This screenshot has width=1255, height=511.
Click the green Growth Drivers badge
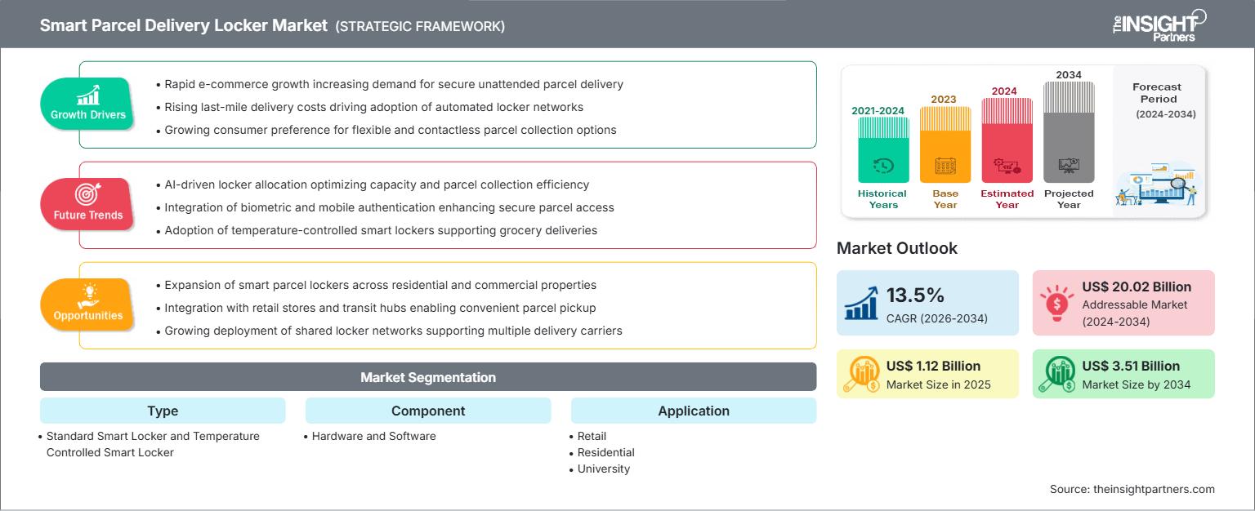[87, 104]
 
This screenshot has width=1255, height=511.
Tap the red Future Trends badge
[87, 204]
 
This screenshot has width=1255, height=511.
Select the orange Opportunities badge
[87, 304]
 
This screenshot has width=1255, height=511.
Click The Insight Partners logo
[1159, 26]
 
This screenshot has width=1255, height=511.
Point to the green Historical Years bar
[883, 150]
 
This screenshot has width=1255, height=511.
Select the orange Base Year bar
[945, 144]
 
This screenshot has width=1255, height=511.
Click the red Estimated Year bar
[1007, 140]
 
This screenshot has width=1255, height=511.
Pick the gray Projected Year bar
[1069, 132]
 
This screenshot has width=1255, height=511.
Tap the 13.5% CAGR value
[915, 295]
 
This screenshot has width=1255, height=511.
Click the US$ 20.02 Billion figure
[1137, 287]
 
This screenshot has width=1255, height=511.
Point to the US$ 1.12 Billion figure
[933, 366]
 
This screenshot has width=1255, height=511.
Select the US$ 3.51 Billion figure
[1131, 366]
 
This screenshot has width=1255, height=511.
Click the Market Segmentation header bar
[428, 376]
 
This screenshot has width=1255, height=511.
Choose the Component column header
[428, 411]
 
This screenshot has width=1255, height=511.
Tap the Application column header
[694, 411]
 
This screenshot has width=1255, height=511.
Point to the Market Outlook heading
[896, 248]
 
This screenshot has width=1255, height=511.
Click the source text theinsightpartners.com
[1132, 489]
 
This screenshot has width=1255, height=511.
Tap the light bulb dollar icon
[1056, 303]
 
